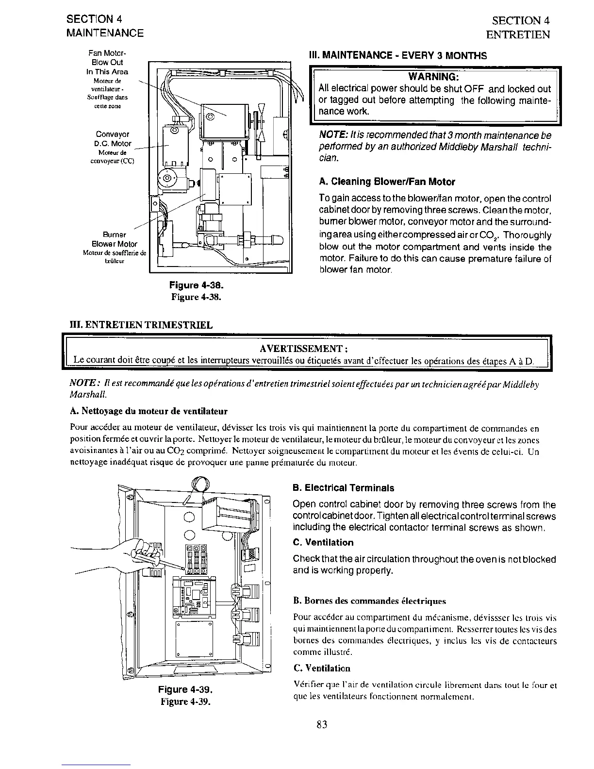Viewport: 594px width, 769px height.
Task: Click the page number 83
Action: click(322, 724)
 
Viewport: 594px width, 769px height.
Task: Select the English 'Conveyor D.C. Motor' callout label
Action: click(112, 139)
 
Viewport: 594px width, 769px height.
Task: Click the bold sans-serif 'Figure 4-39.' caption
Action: click(186, 689)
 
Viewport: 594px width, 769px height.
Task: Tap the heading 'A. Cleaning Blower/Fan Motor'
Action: click(387, 182)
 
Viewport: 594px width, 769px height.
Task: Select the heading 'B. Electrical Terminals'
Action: click(344, 488)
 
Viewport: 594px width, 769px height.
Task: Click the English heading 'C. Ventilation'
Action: click(323, 542)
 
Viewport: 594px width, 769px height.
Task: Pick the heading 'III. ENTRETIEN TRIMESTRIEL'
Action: click(142, 325)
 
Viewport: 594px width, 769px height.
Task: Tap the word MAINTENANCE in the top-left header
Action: click(105, 33)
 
